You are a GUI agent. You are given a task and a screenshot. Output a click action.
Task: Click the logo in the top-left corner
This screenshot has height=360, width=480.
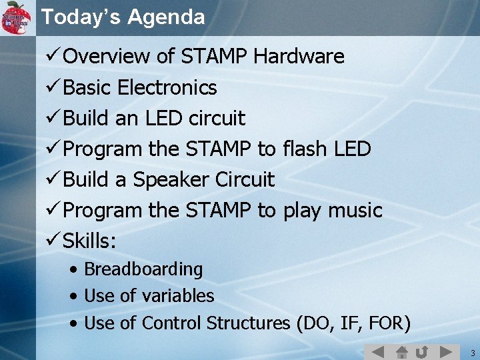17,17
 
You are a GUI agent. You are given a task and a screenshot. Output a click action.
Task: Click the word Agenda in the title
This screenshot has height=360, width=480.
167,17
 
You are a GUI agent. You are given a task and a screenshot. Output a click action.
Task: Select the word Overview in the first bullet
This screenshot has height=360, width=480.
107,57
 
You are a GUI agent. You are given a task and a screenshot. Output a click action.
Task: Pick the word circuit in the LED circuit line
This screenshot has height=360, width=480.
217,119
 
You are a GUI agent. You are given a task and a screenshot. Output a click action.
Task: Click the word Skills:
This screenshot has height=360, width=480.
89,241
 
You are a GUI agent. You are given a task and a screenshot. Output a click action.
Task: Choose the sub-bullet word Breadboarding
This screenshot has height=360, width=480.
143,269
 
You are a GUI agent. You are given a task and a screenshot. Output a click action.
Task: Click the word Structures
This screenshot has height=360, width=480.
248,323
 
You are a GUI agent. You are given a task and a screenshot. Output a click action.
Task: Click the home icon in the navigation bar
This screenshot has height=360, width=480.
401,351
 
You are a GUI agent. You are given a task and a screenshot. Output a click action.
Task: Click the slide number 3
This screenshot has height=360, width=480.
471,352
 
